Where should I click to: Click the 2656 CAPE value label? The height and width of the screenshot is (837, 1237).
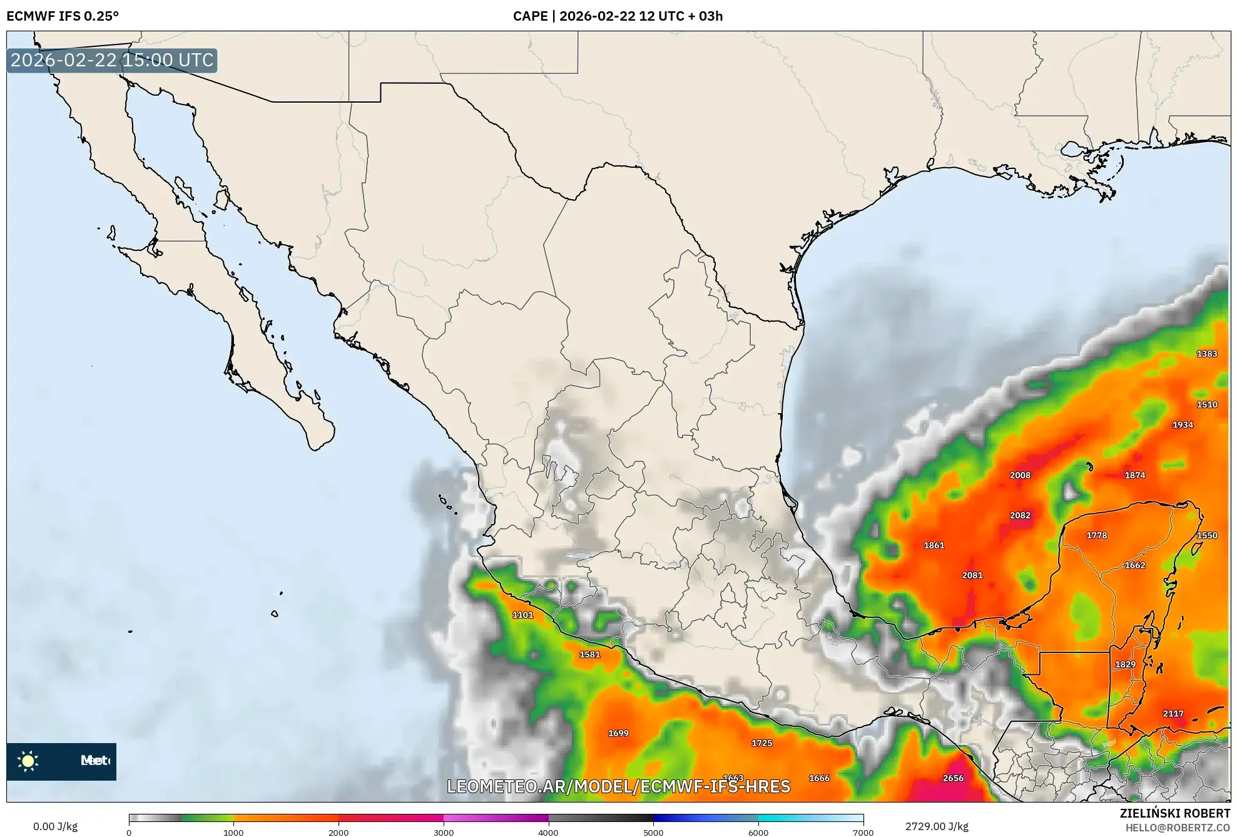[x=953, y=778]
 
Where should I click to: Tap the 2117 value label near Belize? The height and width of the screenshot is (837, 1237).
[x=1173, y=714]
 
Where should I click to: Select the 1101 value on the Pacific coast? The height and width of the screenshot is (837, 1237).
[x=523, y=615]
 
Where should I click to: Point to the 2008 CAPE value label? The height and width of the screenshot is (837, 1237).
[x=1020, y=475]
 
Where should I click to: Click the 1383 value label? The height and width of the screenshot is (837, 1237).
[x=1207, y=354]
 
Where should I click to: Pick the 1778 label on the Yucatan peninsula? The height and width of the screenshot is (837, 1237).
[x=1096, y=535]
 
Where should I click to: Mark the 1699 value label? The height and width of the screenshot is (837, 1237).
[x=618, y=733]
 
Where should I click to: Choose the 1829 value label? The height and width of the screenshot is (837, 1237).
[x=1125, y=664]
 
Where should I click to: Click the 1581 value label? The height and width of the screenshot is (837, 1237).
[x=589, y=655]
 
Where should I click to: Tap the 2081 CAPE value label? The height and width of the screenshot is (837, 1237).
[x=972, y=575]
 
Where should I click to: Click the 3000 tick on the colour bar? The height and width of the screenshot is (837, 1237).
[x=444, y=832]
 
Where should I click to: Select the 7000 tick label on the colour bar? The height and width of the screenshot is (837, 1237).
[x=863, y=832]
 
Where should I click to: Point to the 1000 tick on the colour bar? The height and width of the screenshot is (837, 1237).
[x=233, y=832]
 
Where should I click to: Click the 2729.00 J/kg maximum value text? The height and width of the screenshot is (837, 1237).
[x=937, y=826]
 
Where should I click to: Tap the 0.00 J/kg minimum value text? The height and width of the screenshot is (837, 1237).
[x=55, y=826]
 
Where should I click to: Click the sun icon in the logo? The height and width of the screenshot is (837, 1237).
[x=28, y=761]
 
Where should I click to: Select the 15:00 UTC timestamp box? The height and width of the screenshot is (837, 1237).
[x=112, y=60]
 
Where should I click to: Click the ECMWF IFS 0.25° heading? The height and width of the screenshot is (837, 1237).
[x=62, y=16]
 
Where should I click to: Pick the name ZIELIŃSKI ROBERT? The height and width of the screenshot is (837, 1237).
[x=1174, y=813]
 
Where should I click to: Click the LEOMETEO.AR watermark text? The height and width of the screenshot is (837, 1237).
[x=618, y=786]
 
